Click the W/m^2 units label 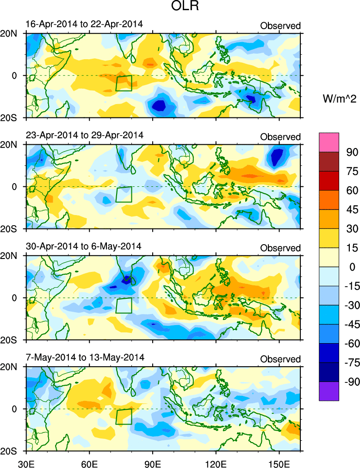coord(339,98)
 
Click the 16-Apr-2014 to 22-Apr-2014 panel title coord(84,24)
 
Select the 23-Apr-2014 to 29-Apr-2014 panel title coord(84,135)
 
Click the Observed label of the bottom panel coord(280,359)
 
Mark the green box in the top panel coord(124,83)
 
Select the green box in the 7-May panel coord(124,417)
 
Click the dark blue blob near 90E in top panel coord(160,105)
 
